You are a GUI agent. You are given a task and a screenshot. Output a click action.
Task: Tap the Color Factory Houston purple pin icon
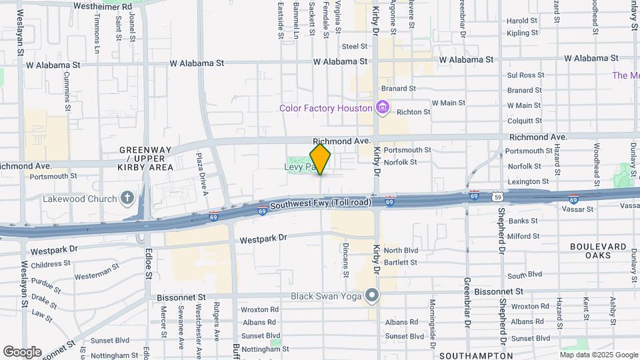382,107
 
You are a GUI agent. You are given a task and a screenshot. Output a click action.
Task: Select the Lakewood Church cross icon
127,198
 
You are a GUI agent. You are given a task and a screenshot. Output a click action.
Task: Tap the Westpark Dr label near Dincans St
263,238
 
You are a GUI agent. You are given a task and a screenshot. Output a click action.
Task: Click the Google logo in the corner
22,352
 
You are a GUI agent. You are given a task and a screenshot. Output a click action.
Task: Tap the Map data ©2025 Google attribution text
599,355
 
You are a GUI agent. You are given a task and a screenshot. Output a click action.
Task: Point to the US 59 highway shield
497,197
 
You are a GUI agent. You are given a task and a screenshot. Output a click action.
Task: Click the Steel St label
355,46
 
